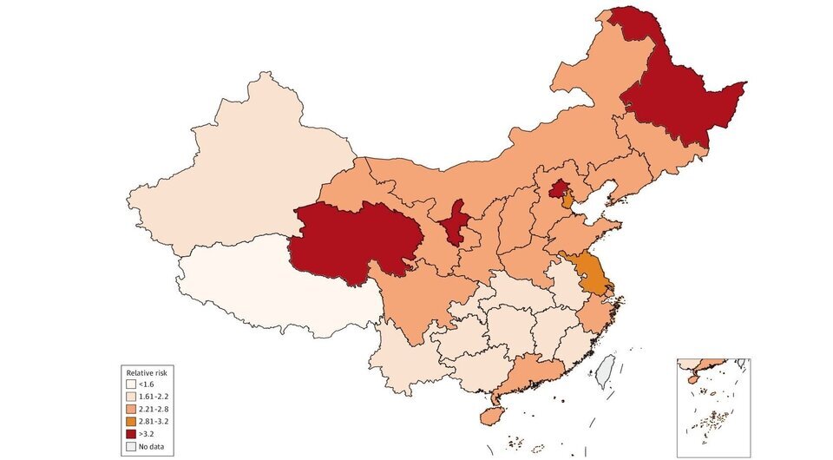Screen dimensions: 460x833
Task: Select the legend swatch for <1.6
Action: click(130, 384)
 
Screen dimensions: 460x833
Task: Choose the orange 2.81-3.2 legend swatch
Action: click(130, 421)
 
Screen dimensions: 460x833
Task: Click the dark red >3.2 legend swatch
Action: click(130, 433)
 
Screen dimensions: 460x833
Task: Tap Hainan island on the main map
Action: click(490, 417)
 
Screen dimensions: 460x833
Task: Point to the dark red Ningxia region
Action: click(453, 223)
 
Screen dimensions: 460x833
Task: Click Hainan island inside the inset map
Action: click(692, 378)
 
